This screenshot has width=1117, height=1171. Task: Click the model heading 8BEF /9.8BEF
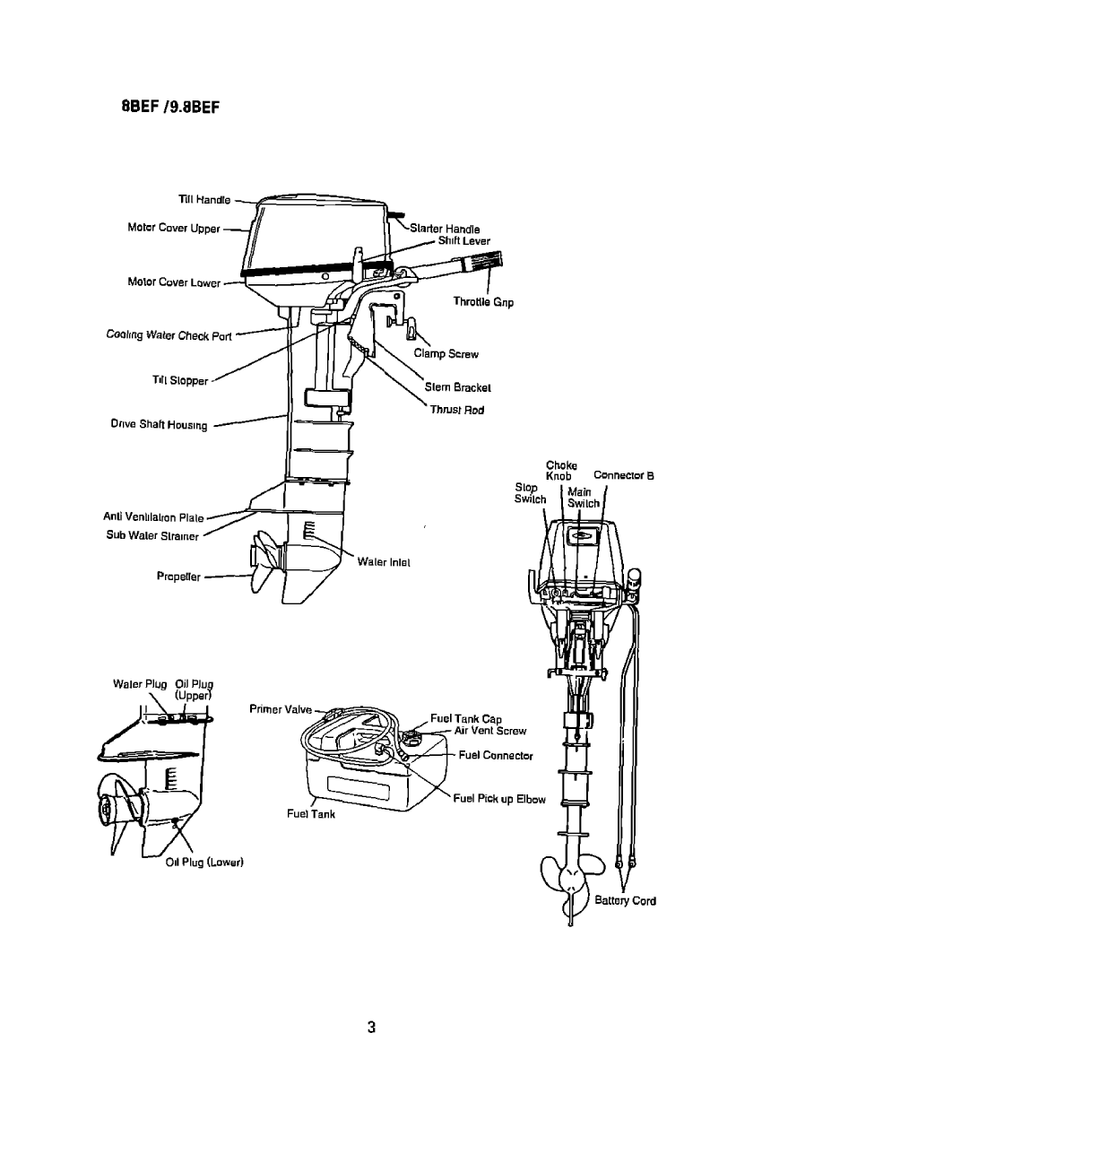coord(170,108)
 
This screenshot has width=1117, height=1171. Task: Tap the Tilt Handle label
coord(204,200)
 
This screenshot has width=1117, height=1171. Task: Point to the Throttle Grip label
coord(483,302)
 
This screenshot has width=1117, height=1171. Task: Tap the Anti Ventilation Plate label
coord(154,517)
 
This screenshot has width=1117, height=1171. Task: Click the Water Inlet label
coord(384,563)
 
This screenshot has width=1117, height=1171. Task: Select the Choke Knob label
coord(560,470)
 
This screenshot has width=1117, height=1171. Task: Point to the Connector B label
coord(624,476)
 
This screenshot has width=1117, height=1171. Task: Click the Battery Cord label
coord(626,901)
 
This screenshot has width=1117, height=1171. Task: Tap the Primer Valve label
coord(281,709)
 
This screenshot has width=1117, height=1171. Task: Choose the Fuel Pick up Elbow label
coord(499,799)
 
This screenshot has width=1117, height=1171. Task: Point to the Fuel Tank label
coord(311,814)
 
